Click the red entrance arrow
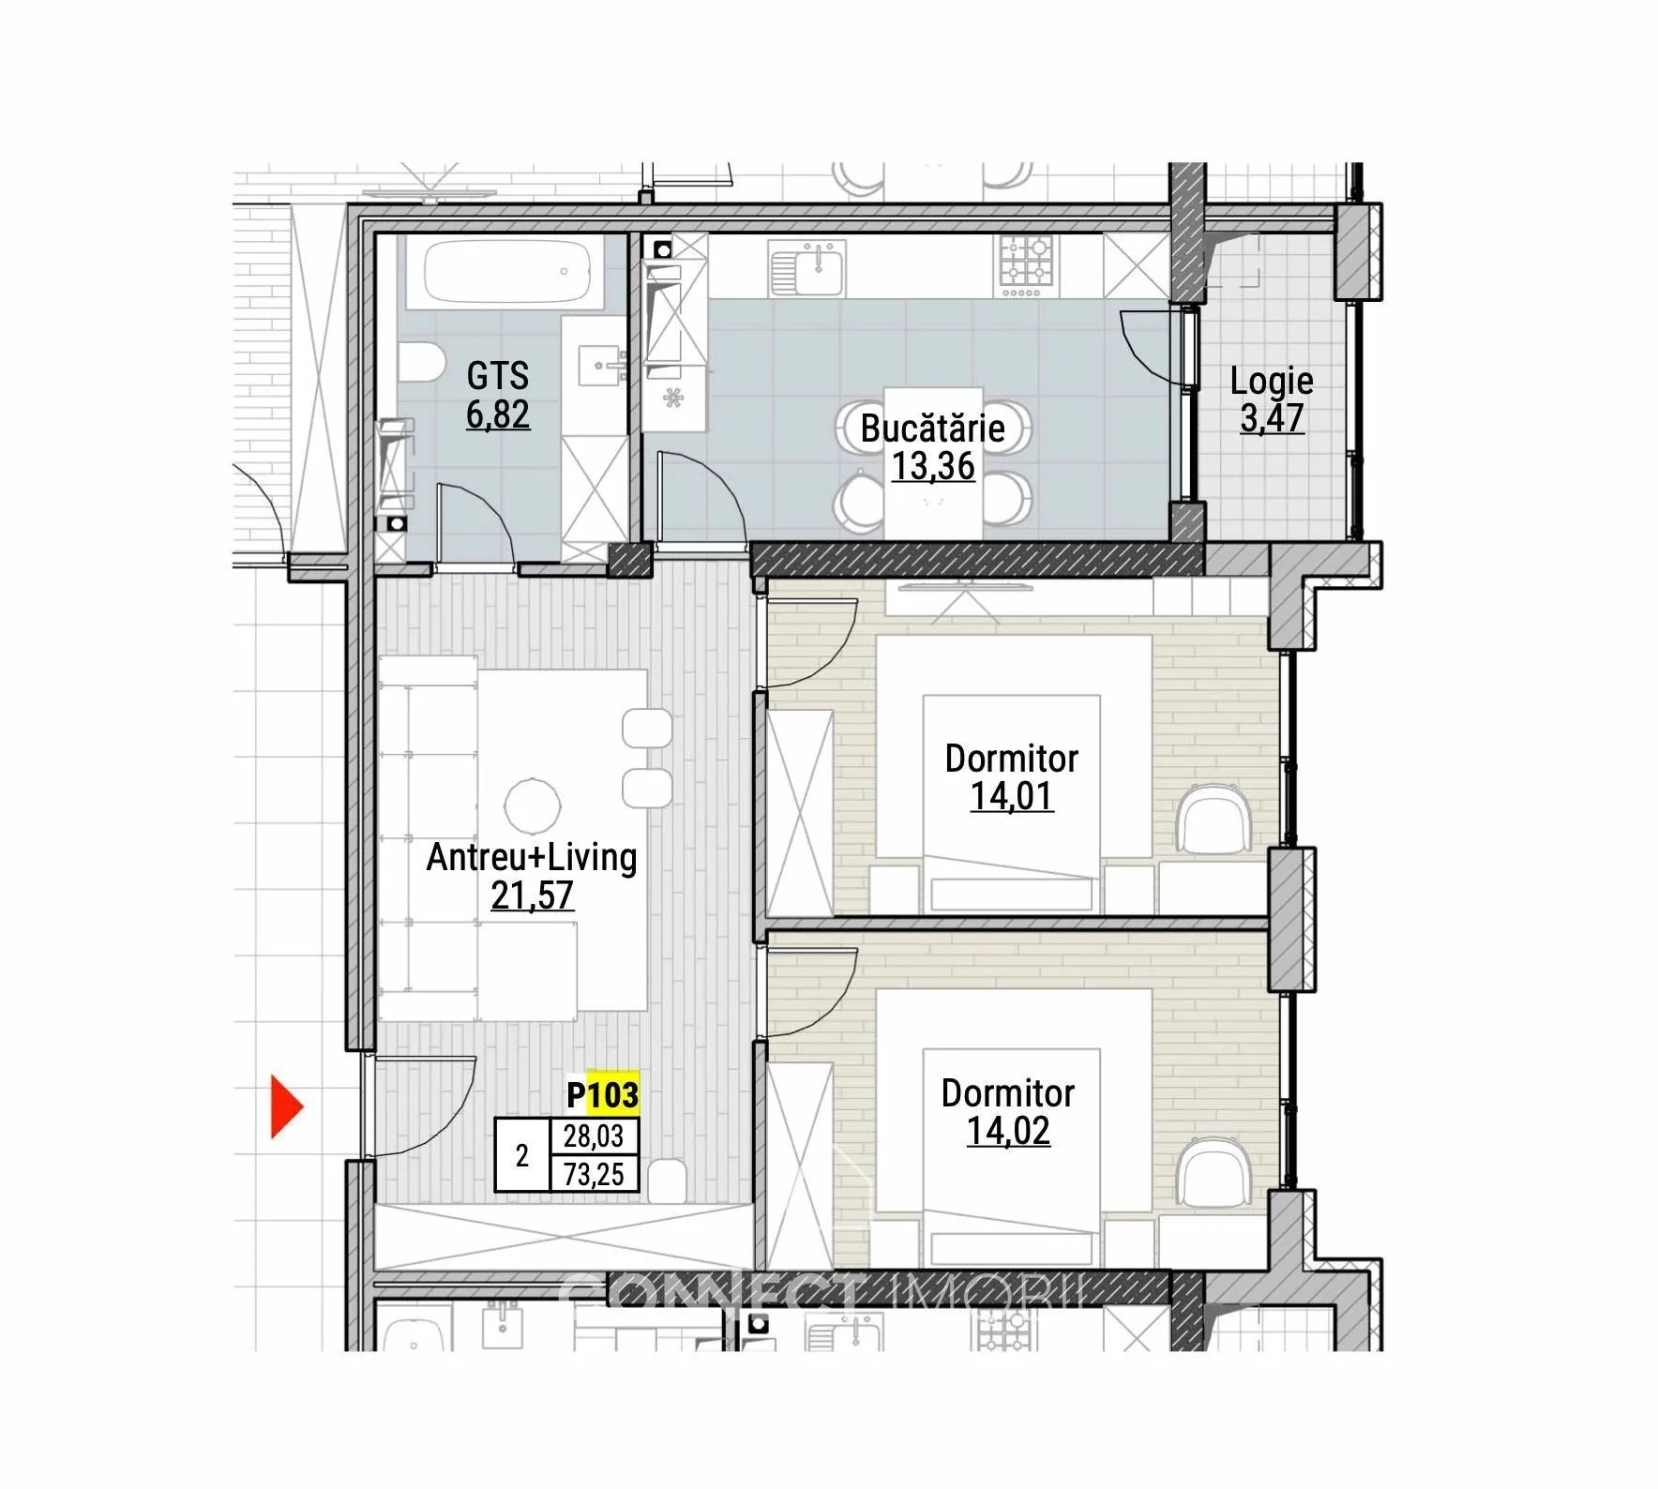pyautogui.click(x=287, y=1107)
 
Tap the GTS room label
pyautogui.click(x=498, y=376)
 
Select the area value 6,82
pyautogui.click(x=498, y=414)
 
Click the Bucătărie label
pyautogui.click(x=933, y=429)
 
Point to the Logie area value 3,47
pyautogui.click(x=1272, y=418)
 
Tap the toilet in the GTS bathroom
pyautogui.click(x=419, y=362)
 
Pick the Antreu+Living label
pyautogui.click(x=532, y=857)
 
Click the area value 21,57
pyautogui.click(x=532, y=895)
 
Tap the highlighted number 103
pyautogui.click(x=613, y=1094)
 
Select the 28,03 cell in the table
pyautogui.click(x=594, y=1136)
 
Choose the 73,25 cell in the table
pyautogui.click(x=594, y=1173)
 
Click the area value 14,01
pyautogui.click(x=1012, y=796)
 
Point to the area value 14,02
pyautogui.click(x=1009, y=1131)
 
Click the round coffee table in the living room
pyautogui.click(x=534, y=805)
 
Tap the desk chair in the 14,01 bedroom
pyautogui.click(x=1213, y=817)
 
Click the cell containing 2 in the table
pyautogui.click(x=522, y=1155)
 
